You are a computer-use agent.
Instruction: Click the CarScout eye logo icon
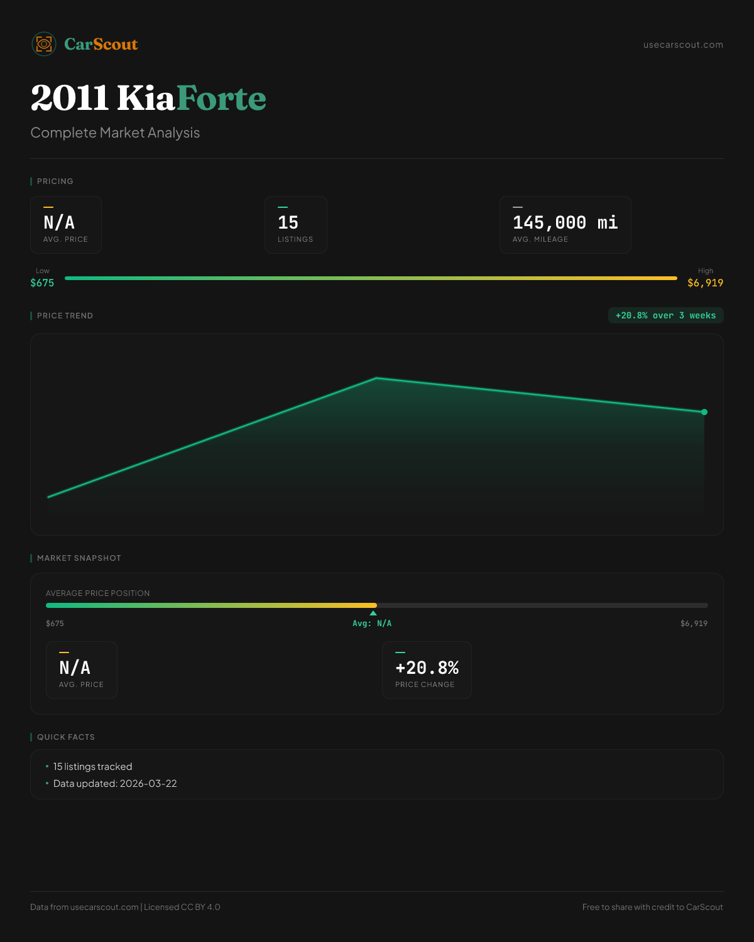point(44,44)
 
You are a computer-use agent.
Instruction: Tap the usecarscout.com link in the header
point(683,45)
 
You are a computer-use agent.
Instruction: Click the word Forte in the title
point(221,98)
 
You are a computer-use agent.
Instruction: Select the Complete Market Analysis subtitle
point(115,133)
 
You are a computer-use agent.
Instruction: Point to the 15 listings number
point(288,222)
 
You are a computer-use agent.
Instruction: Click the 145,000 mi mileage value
point(565,222)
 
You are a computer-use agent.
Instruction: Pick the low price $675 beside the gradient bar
point(42,283)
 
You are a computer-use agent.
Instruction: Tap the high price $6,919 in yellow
point(705,283)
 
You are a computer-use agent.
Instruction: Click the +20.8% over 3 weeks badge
point(665,315)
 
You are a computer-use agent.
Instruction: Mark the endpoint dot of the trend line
point(704,412)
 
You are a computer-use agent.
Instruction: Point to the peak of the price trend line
point(376,377)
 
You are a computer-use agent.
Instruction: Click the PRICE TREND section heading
point(65,316)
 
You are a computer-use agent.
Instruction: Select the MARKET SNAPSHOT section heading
point(79,558)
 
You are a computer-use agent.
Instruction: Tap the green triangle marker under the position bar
point(373,613)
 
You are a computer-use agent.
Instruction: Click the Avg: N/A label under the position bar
point(372,624)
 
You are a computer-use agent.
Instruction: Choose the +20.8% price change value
point(427,668)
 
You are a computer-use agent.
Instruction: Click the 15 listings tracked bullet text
point(92,767)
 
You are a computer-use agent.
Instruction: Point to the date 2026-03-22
point(148,784)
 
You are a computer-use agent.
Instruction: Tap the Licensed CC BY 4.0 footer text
point(182,907)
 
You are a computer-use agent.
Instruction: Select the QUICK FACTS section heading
point(65,737)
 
